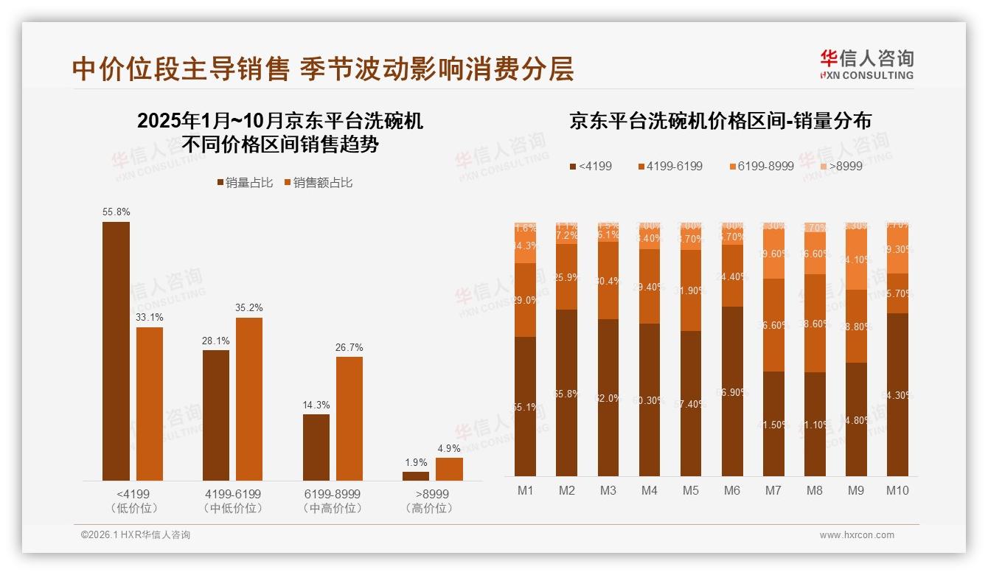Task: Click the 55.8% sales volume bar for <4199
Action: click(x=116, y=351)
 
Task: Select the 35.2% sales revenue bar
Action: click(x=248, y=399)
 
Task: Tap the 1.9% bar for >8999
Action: click(x=415, y=476)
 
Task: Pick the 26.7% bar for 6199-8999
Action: click(x=349, y=419)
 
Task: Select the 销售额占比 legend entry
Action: click(x=318, y=183)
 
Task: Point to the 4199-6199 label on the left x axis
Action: click(x=232, y=494)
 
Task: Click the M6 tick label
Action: click(x=731, y=490)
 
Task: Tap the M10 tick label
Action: click(x=897, y=490)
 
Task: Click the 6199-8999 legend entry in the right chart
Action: click(x=762, y=166)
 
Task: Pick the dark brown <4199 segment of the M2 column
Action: click(x=566, y=392)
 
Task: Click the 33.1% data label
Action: click(x=149, y=317)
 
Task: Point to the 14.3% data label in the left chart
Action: click(x=316, y=405)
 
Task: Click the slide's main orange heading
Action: click(x=323, y=69)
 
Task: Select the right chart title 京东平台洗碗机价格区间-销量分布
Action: click(x=720, y=121)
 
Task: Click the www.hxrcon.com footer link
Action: click(x=856, y=535)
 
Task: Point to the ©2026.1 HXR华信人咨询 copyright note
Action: click(x=135, y=535)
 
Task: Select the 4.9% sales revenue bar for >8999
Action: click(x=449, y=469)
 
